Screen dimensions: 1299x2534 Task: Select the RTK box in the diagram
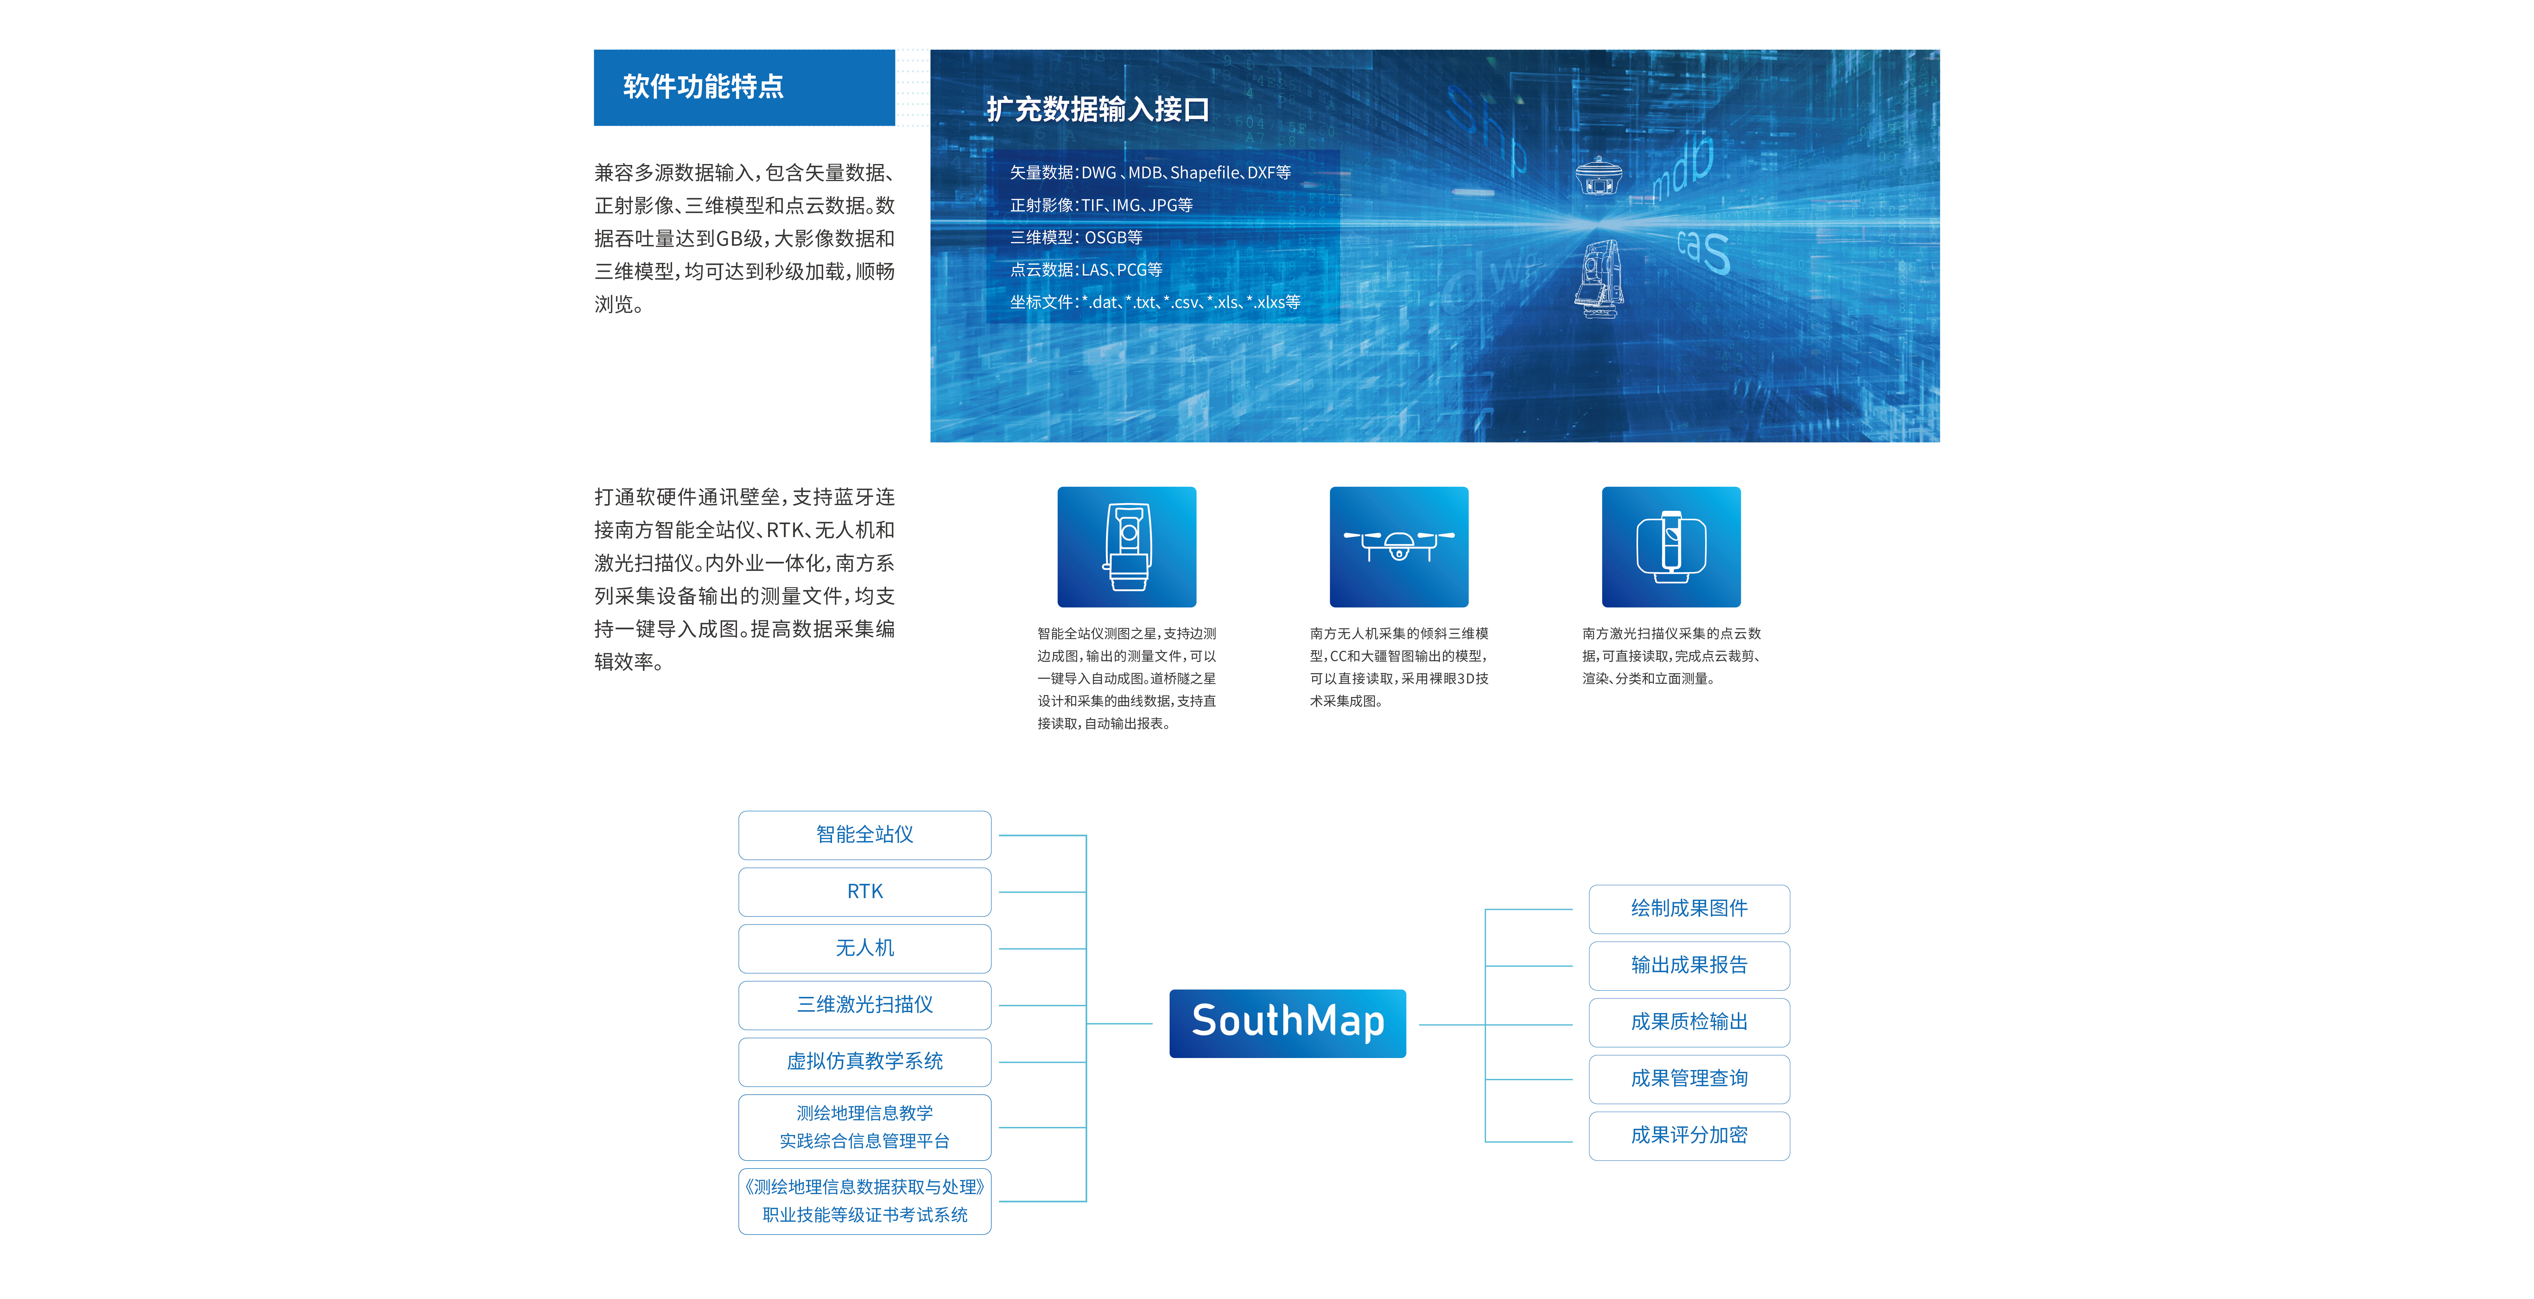coord(865,891)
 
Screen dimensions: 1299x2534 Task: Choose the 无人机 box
coord(865,948)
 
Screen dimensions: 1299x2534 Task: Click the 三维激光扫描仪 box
coord(865,1004)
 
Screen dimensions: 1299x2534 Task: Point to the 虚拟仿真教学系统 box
coord(865,1061)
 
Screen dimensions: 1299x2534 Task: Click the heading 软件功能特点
coord(703,86)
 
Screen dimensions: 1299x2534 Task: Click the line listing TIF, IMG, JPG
coord(1101,205)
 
